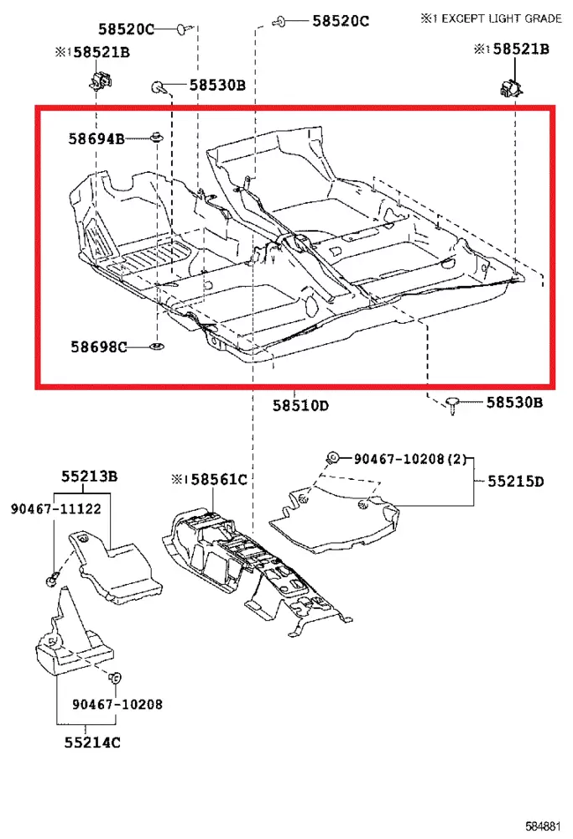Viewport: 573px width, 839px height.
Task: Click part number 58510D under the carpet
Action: pyautogui.click(x=300, y=405)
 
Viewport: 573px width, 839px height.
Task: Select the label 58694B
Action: pyautogui.click(x=96, y=138)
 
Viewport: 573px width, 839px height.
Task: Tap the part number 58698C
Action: pyautogui.click(x=98, y=347)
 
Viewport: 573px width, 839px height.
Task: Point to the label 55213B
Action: pyautogui.click(x=88, y=477)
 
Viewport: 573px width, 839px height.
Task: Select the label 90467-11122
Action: pyautogui.click(x=55, y=508)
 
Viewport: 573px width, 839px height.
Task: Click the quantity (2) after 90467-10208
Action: pyautogui.click(x=456, y=458)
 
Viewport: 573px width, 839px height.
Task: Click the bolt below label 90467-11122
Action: pyautogui.click(x=51, y=578)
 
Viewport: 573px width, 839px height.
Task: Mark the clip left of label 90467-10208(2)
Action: pyautogui.click(x=332, y=457)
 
